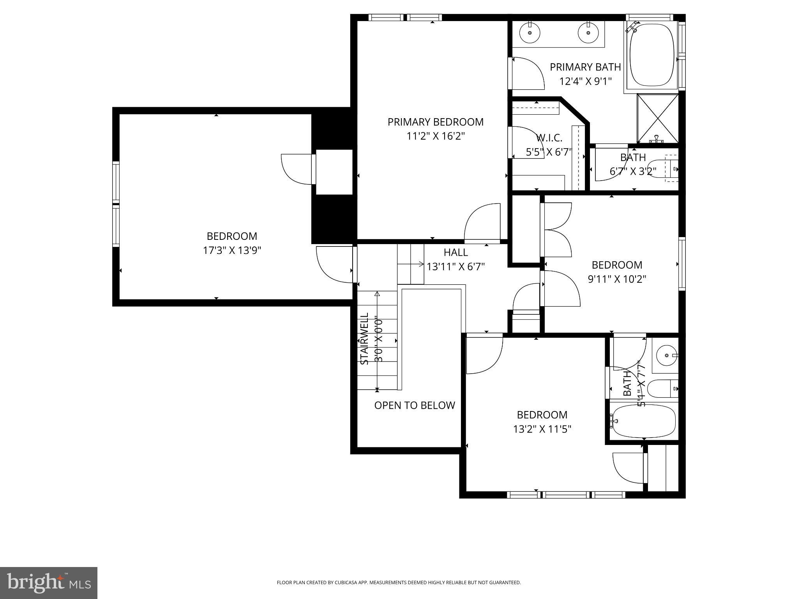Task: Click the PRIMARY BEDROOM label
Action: click(435, 122)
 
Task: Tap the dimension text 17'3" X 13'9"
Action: click(232, 250)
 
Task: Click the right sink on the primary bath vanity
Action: click(588, 32)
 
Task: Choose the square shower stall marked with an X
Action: click(658, 119)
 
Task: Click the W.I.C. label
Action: click(549, 138)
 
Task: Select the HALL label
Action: click(455, 252)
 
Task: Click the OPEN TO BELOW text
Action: click(415, 406)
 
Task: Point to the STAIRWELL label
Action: click(364, 338)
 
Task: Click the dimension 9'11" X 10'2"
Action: click(617, 279)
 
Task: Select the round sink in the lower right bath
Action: click(666, 355)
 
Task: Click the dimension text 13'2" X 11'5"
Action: click(542, 429)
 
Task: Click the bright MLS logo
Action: click(48, 583)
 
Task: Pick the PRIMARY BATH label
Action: click(585, 67)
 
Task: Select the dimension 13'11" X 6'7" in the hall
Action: click(455, 267)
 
